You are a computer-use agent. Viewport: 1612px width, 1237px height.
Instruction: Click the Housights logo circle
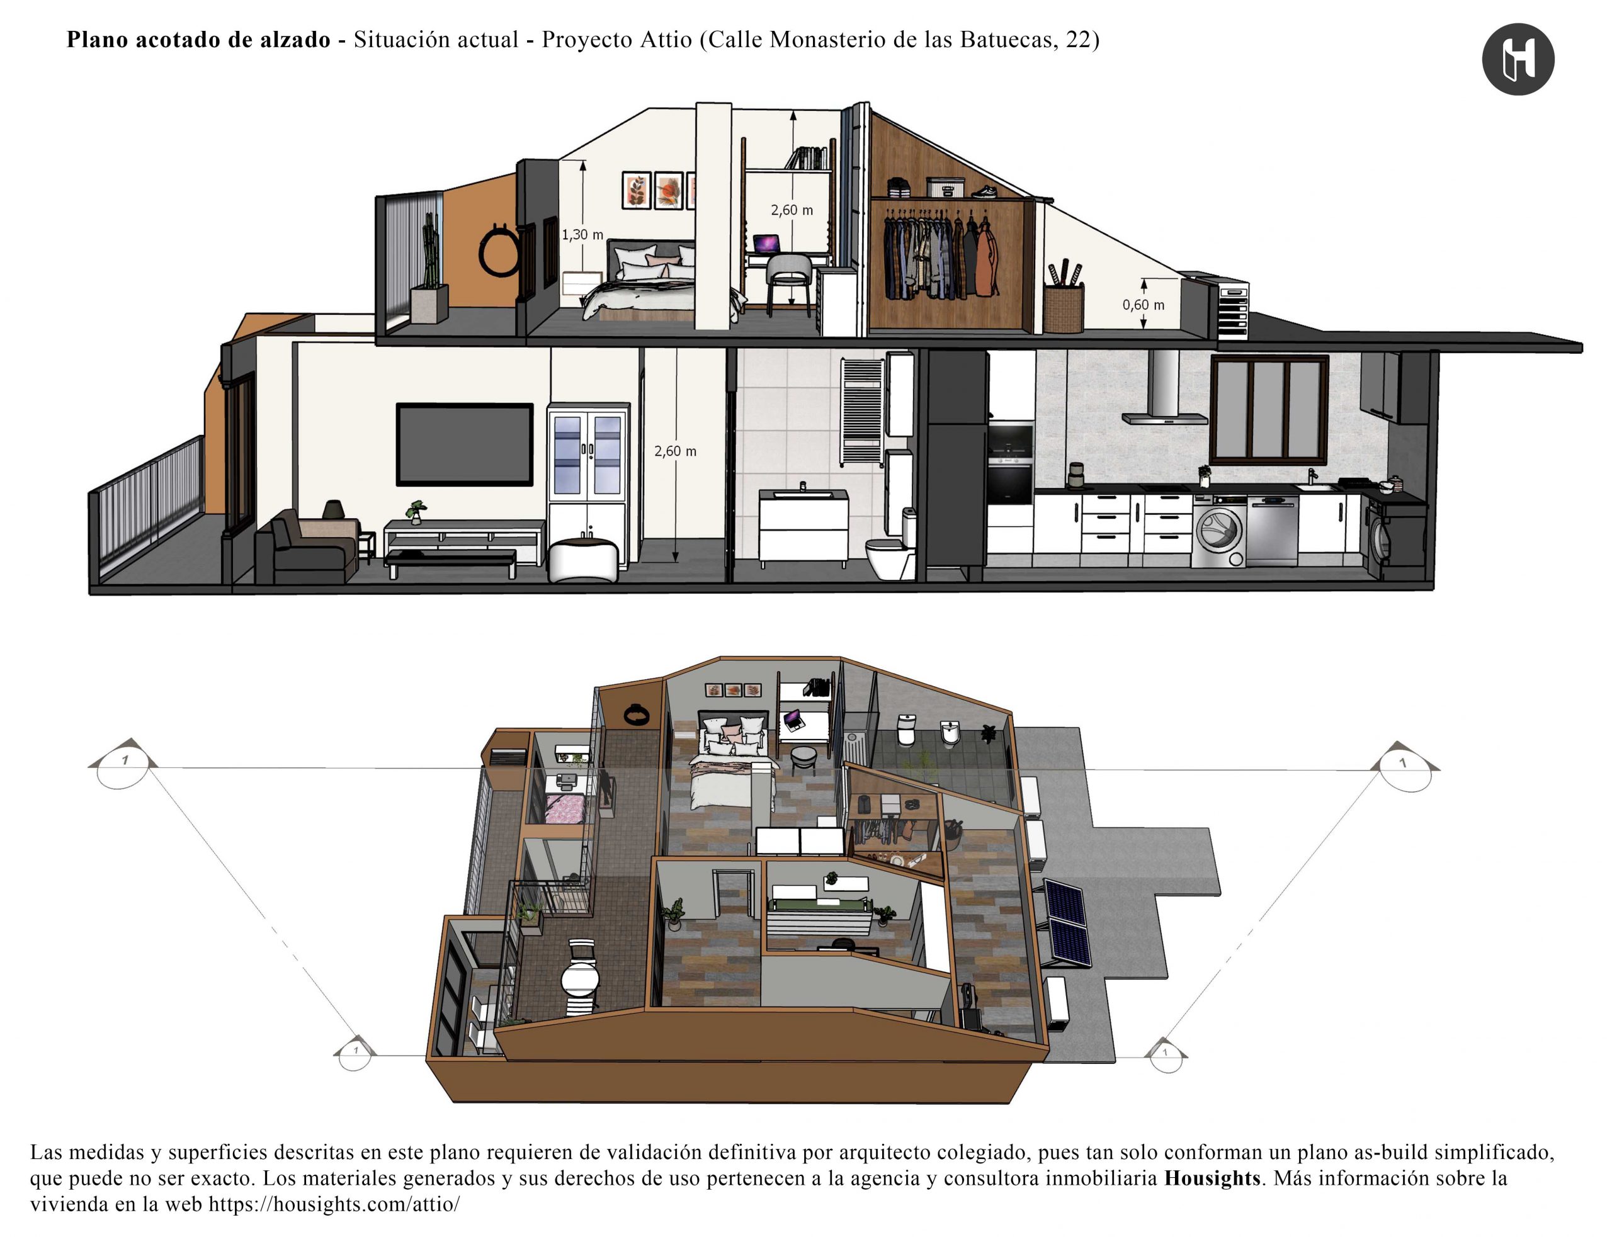(1518, 59)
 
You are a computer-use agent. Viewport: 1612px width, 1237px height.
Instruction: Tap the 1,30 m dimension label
(582, 235)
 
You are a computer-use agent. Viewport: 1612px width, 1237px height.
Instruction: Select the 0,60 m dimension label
(1144, 305)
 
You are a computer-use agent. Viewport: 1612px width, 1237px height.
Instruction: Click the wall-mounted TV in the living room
(465, 444)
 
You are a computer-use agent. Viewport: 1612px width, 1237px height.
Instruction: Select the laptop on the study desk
(766, 243)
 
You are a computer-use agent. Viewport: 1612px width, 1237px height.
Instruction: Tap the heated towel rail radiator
(861, 412)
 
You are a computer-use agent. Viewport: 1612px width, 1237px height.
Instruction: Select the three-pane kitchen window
(1269, 409)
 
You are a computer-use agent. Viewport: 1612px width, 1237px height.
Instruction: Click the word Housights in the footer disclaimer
(1212, 1178)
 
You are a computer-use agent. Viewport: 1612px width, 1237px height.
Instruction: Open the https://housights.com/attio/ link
(334, 1205)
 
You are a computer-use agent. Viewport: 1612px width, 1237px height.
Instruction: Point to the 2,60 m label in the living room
(675, 451)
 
